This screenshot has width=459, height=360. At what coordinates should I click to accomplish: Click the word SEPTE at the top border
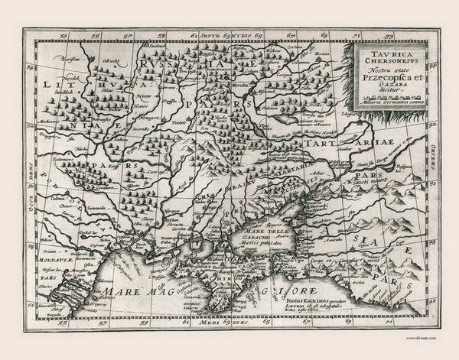(212, 34)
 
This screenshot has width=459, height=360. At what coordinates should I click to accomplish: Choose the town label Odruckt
(112, 60)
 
